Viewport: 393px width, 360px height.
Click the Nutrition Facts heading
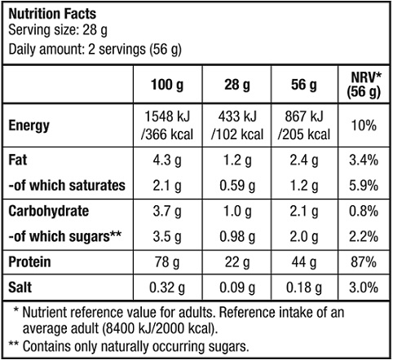tap(52, 14)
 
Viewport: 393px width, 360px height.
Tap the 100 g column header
tap(167, 85)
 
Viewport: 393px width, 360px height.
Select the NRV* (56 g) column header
tap(364, 85)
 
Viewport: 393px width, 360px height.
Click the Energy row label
tap(29, 126)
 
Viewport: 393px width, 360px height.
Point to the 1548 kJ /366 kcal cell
tap(167, 125)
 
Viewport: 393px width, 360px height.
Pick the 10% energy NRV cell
tap(364, 125)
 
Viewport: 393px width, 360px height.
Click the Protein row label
tap(29, 262)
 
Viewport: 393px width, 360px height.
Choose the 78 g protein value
tap(167, 262)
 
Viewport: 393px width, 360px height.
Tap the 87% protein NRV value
tap(364, 262)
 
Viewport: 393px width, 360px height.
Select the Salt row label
tap(20, 288)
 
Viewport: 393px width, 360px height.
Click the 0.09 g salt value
tap(237, 288)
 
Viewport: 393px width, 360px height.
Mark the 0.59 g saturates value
tap(237, 186)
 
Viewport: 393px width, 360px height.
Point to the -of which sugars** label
tap(65, 236)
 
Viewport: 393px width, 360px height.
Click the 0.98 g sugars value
tap(237, 237)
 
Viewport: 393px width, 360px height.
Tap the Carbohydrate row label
tap(49, 211)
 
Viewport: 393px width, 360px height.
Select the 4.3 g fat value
tap(167, 160)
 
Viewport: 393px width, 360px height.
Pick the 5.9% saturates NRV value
tap(364, 186)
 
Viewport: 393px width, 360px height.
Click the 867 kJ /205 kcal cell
tap(304, 125)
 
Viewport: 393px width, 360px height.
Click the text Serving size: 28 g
tap(58, 30)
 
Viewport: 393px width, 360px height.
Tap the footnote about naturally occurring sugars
tap(129, 346)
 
